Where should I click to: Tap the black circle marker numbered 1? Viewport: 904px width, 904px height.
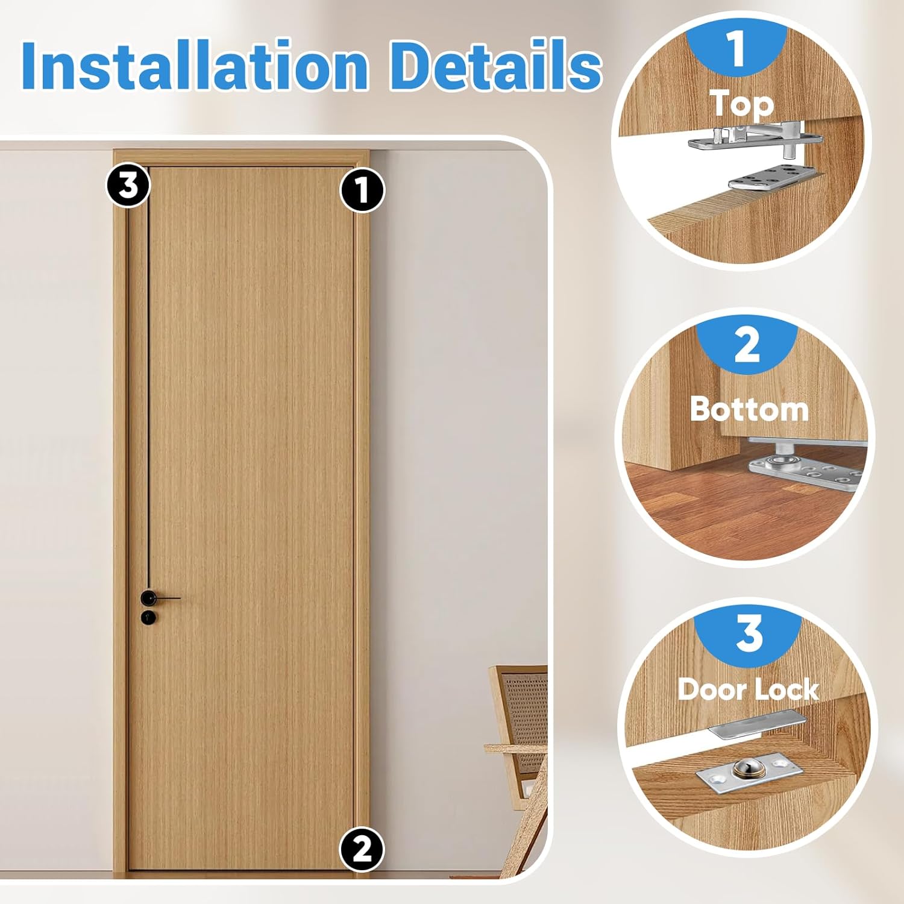pyautogui.click(x=362, y=190)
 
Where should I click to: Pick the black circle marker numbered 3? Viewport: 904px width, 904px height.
pyautogui.click(x=128, y=185)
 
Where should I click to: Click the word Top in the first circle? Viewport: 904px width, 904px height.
pyautogui.click(x=741, y=104)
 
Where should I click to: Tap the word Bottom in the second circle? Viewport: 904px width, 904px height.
pyautogui.click(x=749, y=409)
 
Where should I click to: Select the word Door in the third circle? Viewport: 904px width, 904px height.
pyautogui.click(x=711, y=689)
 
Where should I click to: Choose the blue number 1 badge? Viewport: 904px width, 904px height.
pyautogui.click(x=736, y=48)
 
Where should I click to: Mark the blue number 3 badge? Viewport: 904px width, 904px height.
pyautogui.click(x=749, y=634)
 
